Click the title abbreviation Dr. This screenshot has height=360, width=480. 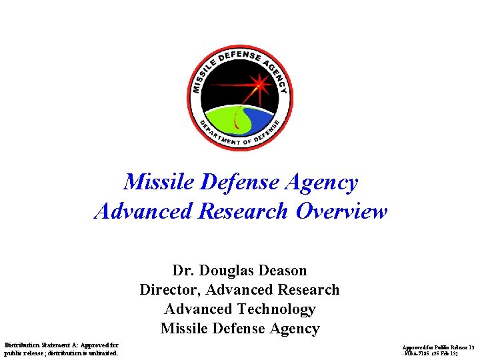tap(183, 271)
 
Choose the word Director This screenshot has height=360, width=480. tap(169, 290)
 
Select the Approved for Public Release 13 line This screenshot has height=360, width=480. tap(438, 348)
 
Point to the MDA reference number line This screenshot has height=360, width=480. tap(438, 354)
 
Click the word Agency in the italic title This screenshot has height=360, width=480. tap(325, 182)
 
